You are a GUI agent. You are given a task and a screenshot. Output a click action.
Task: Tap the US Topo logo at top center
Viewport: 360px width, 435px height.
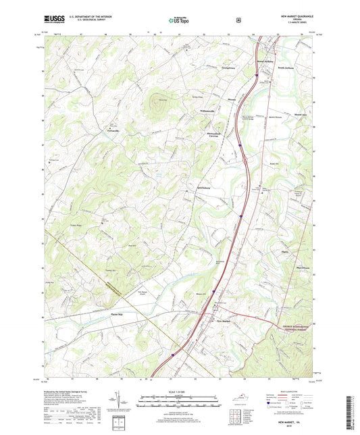(x=179, y=20)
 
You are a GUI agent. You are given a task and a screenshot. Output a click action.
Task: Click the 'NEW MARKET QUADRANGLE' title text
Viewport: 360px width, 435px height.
(x=288, y=15)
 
